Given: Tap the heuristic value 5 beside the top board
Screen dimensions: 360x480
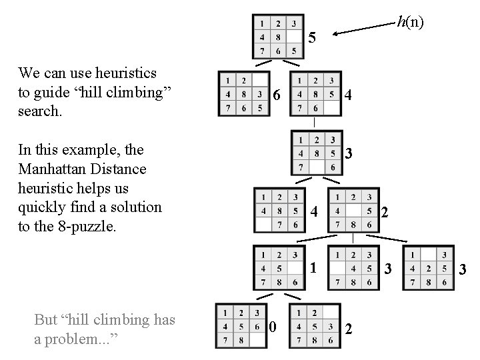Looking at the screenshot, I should pos(312,37).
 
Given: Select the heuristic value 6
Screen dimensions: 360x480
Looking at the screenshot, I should pos(275,96).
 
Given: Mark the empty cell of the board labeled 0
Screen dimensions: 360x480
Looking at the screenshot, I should pos(256,340).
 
